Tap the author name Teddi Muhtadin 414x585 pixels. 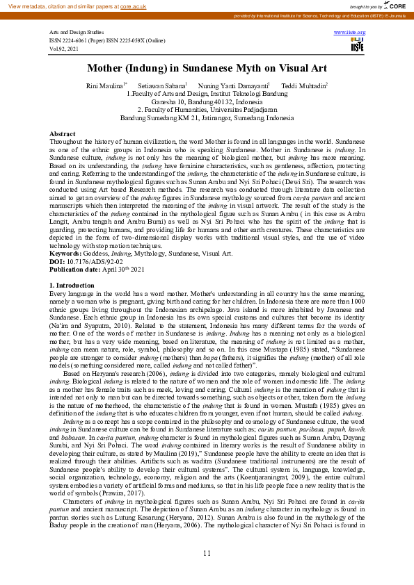click(x=303, y=85)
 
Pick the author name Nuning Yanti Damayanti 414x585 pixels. click(x=228, y=85)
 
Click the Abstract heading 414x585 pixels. click(x=62, y=133)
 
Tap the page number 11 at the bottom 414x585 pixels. click(x=207, y=572)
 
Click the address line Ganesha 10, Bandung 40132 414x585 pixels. click(x=207, y=101)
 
